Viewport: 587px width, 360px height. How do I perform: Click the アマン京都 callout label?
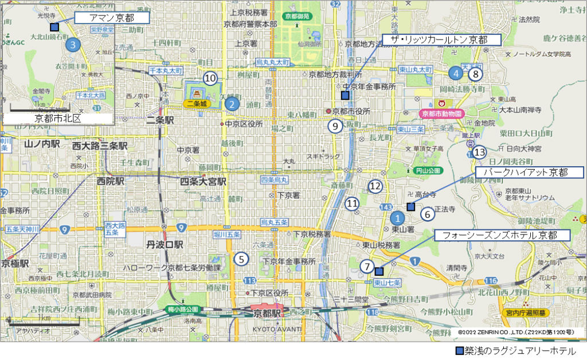click(112, 18)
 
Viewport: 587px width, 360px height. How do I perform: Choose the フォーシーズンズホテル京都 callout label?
click(503, 236)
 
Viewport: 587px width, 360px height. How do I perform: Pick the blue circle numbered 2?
click(232, 104)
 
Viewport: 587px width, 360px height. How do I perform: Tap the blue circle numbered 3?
click(72, 44)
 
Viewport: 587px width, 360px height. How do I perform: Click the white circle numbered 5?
click(241, 259)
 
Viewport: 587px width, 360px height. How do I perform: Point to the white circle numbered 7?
click(367, 267)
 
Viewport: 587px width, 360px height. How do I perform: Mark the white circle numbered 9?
click(335, 126)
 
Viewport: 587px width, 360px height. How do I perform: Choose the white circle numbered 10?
click(210, 77)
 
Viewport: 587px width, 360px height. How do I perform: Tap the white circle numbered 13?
click(479, 152)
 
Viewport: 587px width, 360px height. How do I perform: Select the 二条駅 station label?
click(160, 120)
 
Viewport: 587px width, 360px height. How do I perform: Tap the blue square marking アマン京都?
click(54, 27)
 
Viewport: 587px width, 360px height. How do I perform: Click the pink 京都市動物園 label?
click(441, 114)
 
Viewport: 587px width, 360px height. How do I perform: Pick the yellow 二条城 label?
click(197, 104)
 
